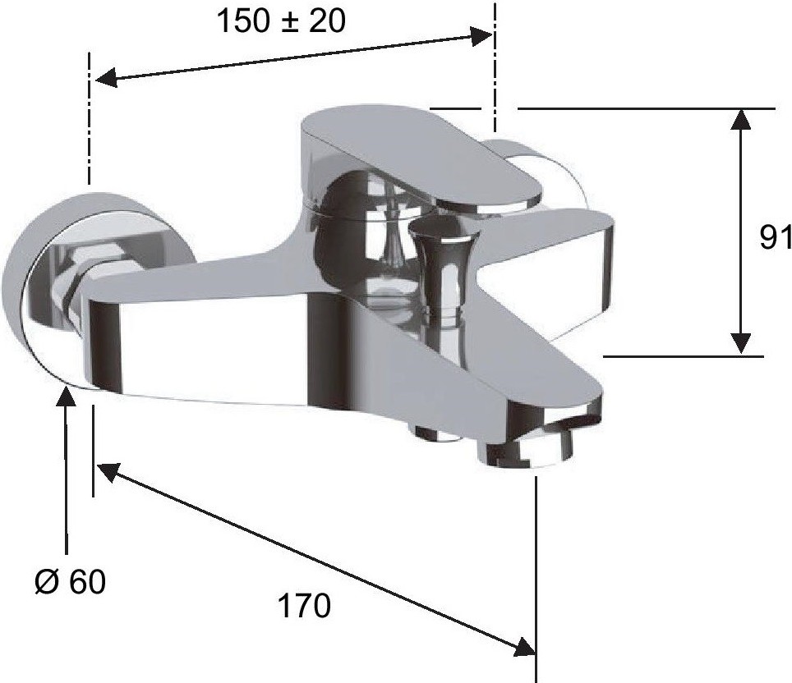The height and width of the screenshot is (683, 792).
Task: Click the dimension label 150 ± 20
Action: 281,21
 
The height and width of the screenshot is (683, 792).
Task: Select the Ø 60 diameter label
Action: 70,581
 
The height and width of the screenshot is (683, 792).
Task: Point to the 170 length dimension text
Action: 305,605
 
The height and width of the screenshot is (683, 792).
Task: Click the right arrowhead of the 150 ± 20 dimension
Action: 481,37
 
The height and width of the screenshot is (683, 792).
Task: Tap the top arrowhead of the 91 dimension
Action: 741,119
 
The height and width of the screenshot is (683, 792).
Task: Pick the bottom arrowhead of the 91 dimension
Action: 741,343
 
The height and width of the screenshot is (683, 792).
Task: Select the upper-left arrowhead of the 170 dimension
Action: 108,471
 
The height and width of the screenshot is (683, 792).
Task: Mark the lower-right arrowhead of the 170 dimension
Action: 524,647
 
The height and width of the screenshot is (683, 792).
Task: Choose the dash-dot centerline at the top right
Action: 495,66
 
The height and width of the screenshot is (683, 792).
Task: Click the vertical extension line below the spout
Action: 536,579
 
